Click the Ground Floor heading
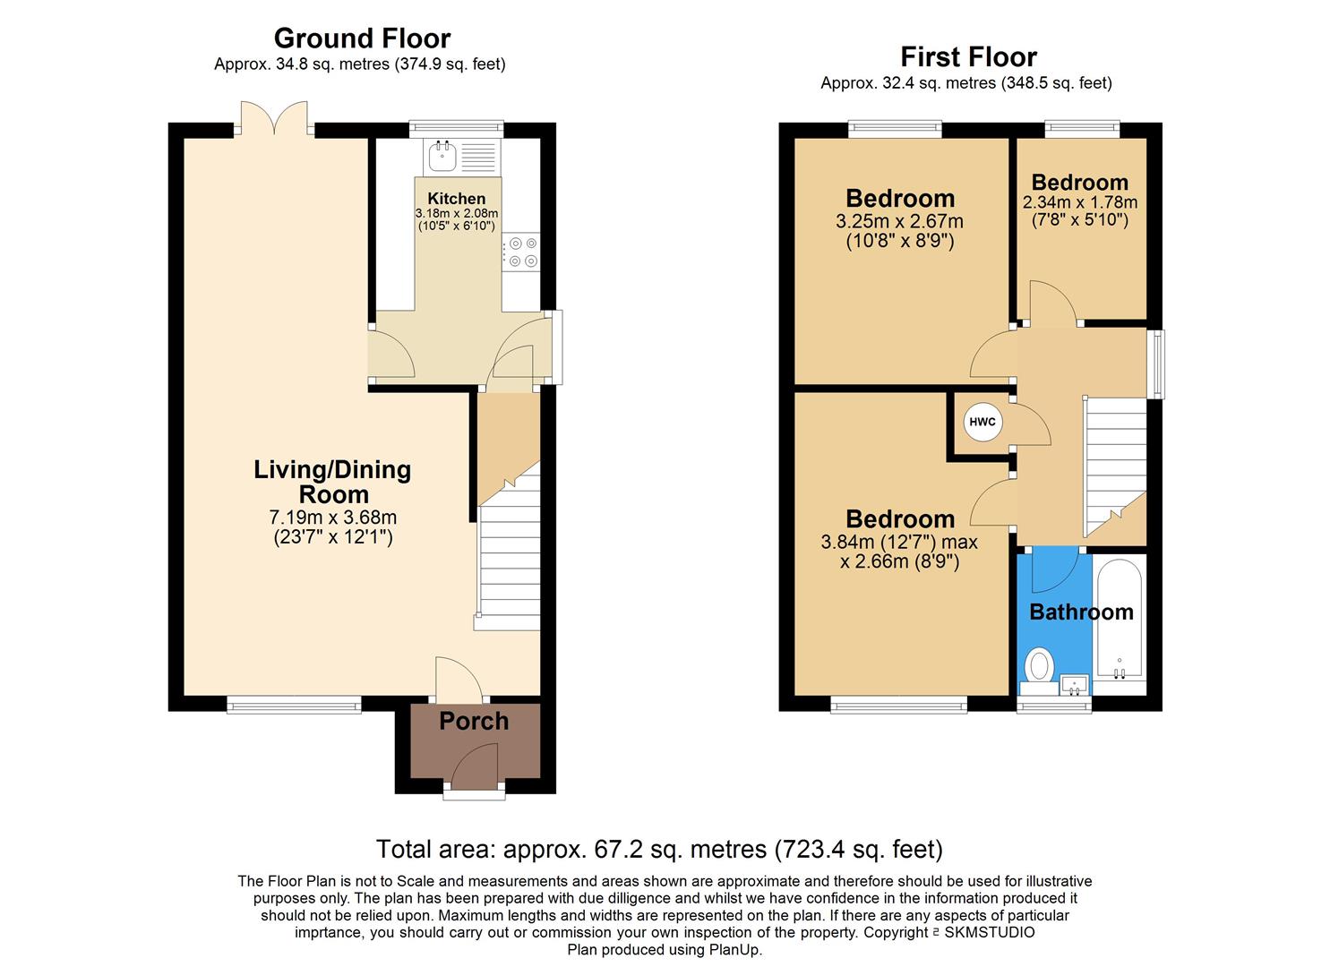click(361, 39)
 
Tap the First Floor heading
click(967, 57)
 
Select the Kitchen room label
click(456, 199)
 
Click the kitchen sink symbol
click(442, 158)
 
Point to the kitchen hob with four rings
click(521, 252)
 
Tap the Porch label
click(474, 722)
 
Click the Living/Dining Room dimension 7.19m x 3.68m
click(333, 518)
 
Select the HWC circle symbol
click(982, 423)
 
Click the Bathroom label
click(1081, 612)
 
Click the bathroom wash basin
click(1075, 686)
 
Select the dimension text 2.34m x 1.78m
click(1079, 202)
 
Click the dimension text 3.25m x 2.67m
click(900, 221)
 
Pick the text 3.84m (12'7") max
click(899, 543)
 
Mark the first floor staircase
click(1116, 466)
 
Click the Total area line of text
click(659, 849)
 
